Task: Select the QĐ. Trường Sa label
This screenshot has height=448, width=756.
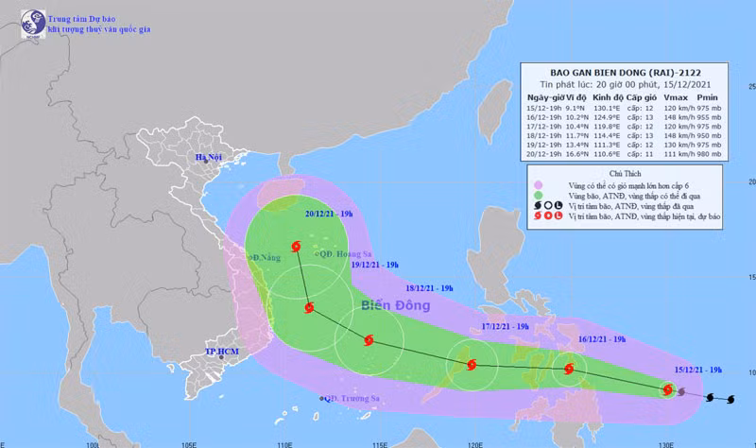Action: coord(352,398)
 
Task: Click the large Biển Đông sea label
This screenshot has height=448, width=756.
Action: coord(395,305)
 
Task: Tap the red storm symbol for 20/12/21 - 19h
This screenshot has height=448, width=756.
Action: coord(297,247)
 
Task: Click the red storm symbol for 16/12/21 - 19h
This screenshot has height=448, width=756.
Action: coord(569,370)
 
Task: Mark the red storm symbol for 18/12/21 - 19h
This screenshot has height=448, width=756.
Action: coord(368,341)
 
